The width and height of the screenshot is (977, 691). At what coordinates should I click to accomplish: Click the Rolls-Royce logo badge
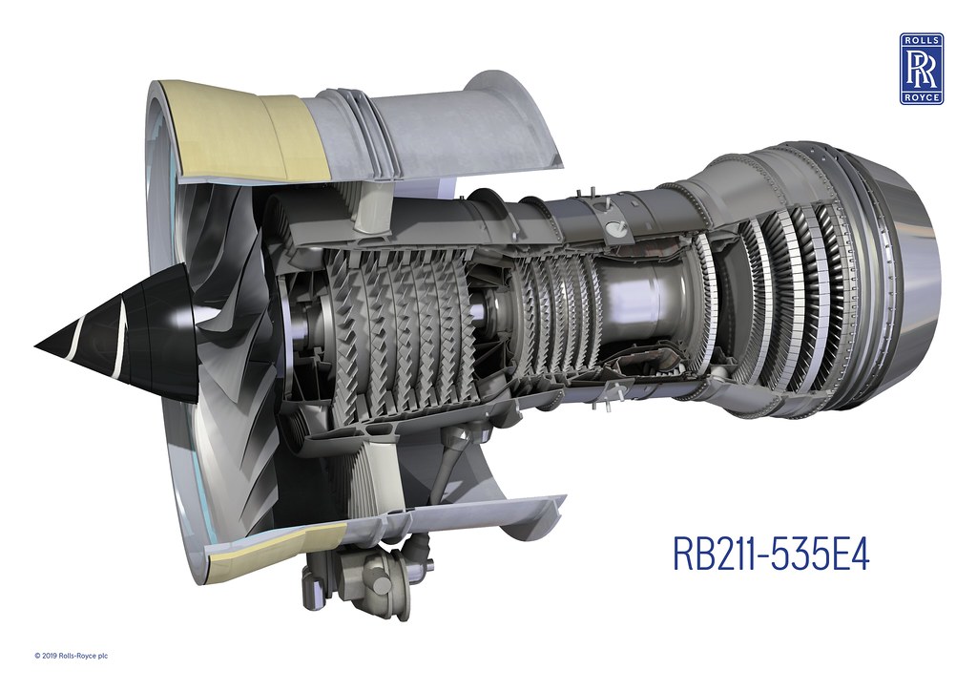(x=921, y=68)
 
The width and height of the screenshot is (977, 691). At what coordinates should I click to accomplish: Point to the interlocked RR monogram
(x=921, y=69)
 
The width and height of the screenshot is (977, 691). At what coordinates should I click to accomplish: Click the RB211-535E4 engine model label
(x=771, y=555)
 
